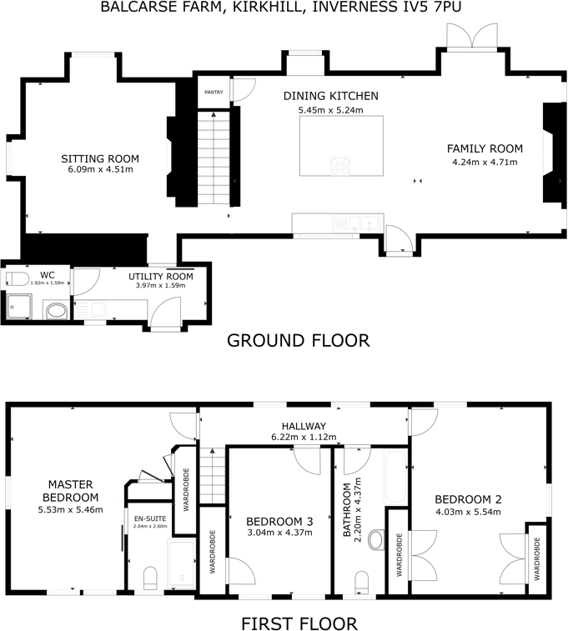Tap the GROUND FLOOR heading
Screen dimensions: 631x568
coord(298,340)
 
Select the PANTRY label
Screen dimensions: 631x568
coord(214,93)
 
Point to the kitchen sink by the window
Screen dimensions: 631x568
coord(365,223)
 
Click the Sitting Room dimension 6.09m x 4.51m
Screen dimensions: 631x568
coord(100,169)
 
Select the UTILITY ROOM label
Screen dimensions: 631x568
coord(161,277)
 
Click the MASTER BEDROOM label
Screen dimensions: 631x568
coord(69,491)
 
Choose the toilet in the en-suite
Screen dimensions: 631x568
coord(151,578)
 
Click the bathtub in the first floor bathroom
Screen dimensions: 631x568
coord(395,479)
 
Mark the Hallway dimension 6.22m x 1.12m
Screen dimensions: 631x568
coord(304,437)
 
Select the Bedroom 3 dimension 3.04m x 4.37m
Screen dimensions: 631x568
coord(279,533)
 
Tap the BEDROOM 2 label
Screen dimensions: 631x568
coord(468,499)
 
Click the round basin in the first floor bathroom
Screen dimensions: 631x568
coord(374,541)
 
